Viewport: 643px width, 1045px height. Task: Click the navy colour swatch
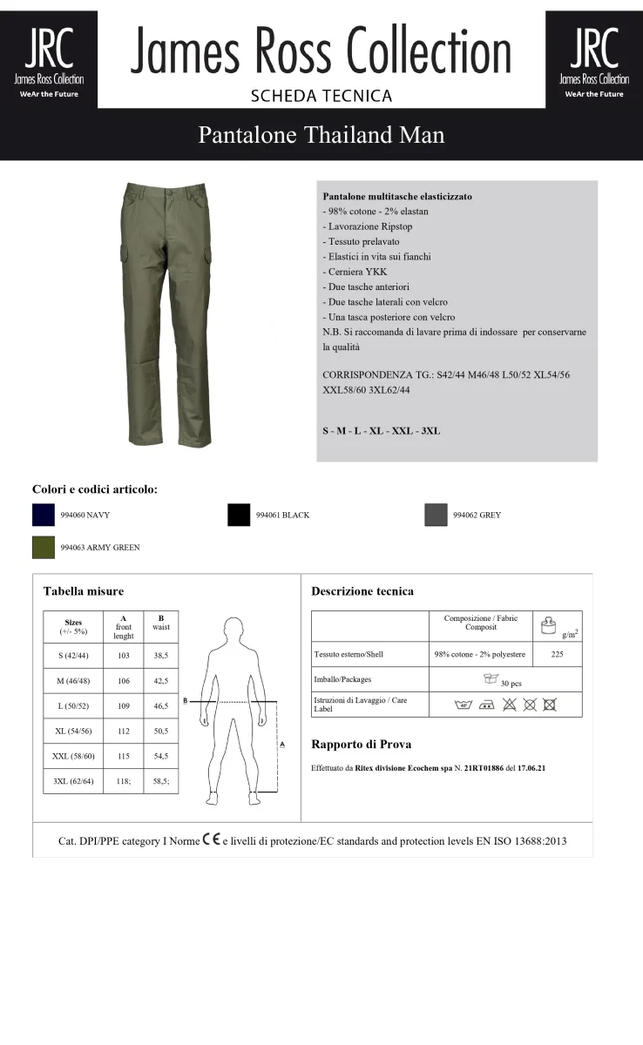tap(44, 515)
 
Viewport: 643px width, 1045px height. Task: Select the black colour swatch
tap(239, 515)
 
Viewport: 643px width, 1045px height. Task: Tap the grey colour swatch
tap(436, 515)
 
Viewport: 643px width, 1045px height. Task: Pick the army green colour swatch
tap(44, 548)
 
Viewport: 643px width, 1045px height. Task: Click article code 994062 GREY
tap(477, 516)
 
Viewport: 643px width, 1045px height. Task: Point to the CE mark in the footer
tap(211, 840)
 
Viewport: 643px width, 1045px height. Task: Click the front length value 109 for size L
tap(123, 706)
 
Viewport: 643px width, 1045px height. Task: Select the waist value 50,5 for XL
tap(160, 731)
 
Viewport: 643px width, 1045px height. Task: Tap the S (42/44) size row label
tap(73, 655)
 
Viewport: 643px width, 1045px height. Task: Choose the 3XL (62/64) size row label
tap(73, 782)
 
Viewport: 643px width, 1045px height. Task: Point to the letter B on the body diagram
tap(186, 700)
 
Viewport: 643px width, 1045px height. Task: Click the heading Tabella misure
tap(84, 591)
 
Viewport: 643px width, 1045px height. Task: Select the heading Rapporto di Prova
tap(361, 745)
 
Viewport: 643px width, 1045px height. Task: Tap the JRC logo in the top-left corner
tap(49, 59)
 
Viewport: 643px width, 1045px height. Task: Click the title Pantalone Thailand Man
tap(321, 135)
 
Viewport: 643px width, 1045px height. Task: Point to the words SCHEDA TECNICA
tap(321, 96)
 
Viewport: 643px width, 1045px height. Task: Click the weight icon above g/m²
tap(549, 624)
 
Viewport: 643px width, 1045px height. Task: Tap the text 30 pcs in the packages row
tap(511, 684)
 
